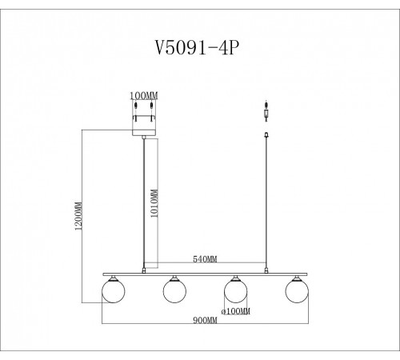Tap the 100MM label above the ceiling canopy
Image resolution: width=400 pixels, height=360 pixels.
pos(143,95)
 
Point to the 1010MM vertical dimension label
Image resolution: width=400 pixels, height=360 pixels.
pos(154,201)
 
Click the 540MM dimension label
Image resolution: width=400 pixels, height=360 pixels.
pos(206,259)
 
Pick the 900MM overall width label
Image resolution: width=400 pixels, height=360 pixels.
pos(206,320)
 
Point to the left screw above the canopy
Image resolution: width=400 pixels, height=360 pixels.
pos(136,106)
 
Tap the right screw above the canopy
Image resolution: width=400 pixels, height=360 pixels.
pos(150,106)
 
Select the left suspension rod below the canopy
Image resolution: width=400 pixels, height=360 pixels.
pos(143,200)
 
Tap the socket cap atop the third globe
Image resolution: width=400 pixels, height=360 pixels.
pos(234,277)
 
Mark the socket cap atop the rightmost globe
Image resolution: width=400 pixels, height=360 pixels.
pos(294,277)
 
